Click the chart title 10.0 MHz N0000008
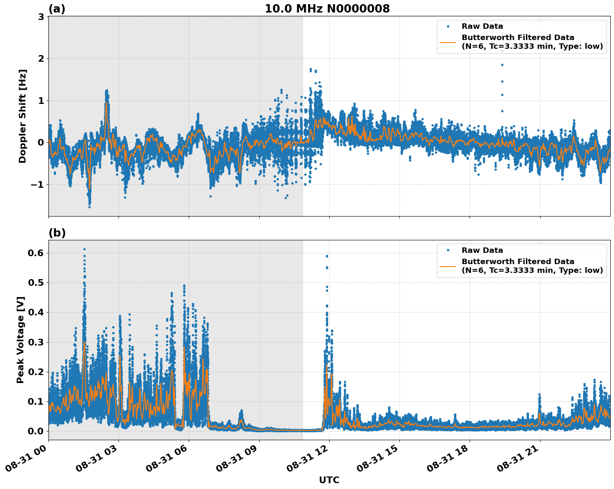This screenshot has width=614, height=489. pos(327,9)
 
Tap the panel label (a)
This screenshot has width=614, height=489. pos(57,9)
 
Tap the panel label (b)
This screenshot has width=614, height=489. pos(57,233)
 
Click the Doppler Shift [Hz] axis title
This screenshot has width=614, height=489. pos(23,116)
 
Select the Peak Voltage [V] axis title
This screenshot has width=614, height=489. pos(20,340)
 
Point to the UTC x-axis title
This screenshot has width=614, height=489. pos(329,480)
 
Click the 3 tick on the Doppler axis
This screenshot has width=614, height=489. pos(41,17)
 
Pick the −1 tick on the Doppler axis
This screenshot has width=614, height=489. pos(38,184)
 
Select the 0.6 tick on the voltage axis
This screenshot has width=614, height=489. pos(36,253)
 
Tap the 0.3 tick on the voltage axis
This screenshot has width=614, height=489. pos(36,342)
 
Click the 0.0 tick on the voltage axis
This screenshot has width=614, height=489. pos(36,431)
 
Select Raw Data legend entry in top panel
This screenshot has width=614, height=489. pos(482,26)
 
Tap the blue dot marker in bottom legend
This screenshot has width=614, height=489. pos(448,250)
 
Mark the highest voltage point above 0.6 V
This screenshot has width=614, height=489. pos(84,249)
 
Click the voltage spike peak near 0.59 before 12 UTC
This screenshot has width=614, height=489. pos(327,256)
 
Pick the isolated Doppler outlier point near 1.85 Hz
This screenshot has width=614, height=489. pos(502,65)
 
